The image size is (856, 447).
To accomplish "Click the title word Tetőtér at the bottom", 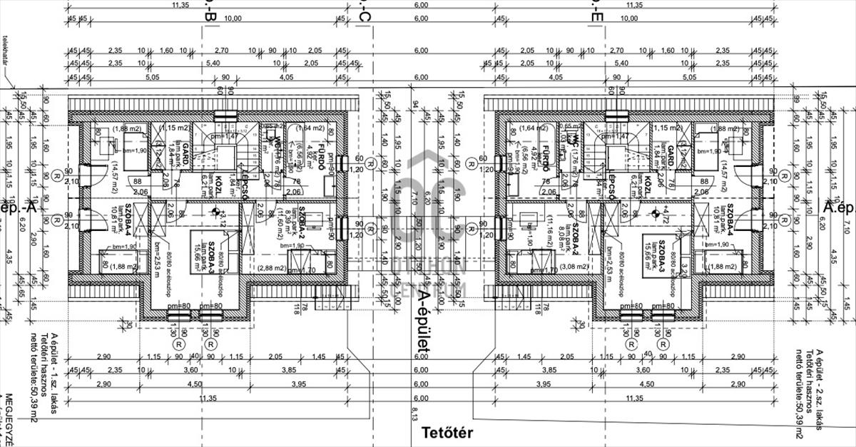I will pos(447,432).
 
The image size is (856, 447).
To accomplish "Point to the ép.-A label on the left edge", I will pos(19,207).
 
